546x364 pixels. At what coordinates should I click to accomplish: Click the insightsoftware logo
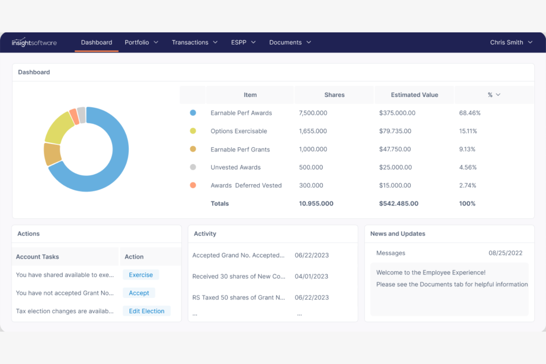click(x=34, y=42)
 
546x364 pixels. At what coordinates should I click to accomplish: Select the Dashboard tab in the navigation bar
click(x=96, y=42)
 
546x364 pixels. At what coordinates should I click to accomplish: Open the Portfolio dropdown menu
click(x=141, y=42)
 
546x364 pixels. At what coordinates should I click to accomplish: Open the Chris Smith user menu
click(x=511, y=42)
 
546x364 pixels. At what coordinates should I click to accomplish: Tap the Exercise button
click(x=141, y=275)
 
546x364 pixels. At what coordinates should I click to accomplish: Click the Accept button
click(x=139, y=293)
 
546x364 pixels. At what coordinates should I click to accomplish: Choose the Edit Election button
click(x=146, y=311)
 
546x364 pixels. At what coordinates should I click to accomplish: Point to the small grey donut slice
click(x=82, y=115)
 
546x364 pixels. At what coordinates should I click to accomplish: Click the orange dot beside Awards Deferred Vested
click(x=193, y=185)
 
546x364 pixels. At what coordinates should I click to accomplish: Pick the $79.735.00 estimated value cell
click(x=395, y=131)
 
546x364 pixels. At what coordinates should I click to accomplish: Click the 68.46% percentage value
click(x=470, y=113)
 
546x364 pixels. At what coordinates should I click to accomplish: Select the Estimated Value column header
click(x=414, y=95)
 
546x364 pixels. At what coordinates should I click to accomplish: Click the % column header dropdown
click(x=494, y=95)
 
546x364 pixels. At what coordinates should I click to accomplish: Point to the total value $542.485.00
click(x=398, y=204)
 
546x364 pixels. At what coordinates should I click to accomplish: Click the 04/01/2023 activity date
click(x=311, y=276)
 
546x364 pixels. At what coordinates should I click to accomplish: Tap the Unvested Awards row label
click(x=235, y=167)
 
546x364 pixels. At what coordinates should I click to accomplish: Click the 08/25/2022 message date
click(x=505, y=253)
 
